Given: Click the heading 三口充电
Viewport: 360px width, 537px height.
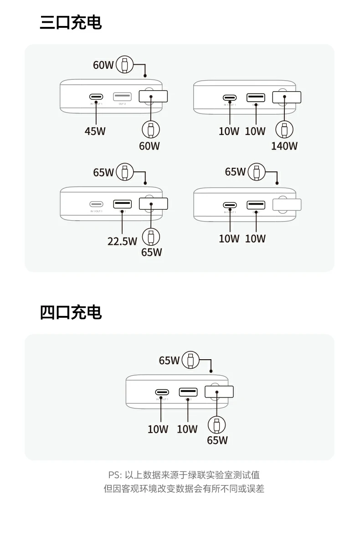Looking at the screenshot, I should [x=71, y=22].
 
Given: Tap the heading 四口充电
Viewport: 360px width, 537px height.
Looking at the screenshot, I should [x=71, y=312].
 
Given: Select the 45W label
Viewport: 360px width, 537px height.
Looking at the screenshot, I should [x=95, y=131].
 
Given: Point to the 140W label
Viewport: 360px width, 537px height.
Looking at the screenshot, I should [x=284, y=146].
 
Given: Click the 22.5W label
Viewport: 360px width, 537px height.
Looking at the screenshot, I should [x=122, y=241].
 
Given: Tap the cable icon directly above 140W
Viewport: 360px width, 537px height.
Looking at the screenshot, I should [x=284, y=129].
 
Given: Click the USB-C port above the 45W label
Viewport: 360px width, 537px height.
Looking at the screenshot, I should [x=96, y=97].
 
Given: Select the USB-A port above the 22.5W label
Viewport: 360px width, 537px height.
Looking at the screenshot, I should [x=122, y=204].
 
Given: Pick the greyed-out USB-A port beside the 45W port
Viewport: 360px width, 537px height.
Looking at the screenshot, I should [x=122, y=97].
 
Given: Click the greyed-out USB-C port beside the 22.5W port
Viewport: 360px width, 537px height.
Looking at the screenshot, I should [x=96, y=204].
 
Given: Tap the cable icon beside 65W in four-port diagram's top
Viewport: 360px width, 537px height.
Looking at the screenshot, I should [x=191, y=360].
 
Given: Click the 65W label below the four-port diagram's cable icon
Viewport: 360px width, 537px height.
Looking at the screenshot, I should [x=217, y=440].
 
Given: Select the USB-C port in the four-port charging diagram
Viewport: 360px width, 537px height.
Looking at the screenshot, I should [x=162, y=392].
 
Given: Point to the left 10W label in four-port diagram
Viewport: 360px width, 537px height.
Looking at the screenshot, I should [x=158, y=429].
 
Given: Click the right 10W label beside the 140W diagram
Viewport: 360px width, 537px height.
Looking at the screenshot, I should [x=255, y=131].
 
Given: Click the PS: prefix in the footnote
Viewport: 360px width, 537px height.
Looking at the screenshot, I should [x=115, y=475].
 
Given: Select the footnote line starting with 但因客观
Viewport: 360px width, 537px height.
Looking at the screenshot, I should [x=184, y=489].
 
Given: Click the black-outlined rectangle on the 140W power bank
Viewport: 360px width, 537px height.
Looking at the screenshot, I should [x=287, y=97].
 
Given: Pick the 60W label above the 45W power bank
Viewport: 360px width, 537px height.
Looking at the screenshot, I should [x=103, y=65].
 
